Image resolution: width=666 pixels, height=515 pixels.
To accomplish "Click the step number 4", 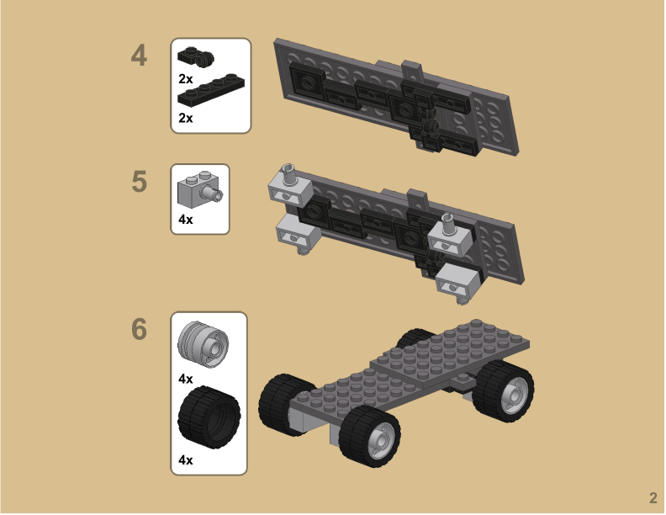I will coord(139,56).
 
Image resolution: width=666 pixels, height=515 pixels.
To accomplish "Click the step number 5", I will coord(139,181).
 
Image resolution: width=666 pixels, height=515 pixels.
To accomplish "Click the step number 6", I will coord(139,330).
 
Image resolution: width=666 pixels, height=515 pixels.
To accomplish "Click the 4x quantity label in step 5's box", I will coord(186,220).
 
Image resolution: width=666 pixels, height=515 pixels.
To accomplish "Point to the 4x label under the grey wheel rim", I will coord(186,379).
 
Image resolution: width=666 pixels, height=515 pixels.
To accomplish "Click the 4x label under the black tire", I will coord(186,460).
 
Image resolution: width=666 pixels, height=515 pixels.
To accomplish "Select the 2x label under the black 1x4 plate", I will coord(186,118).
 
